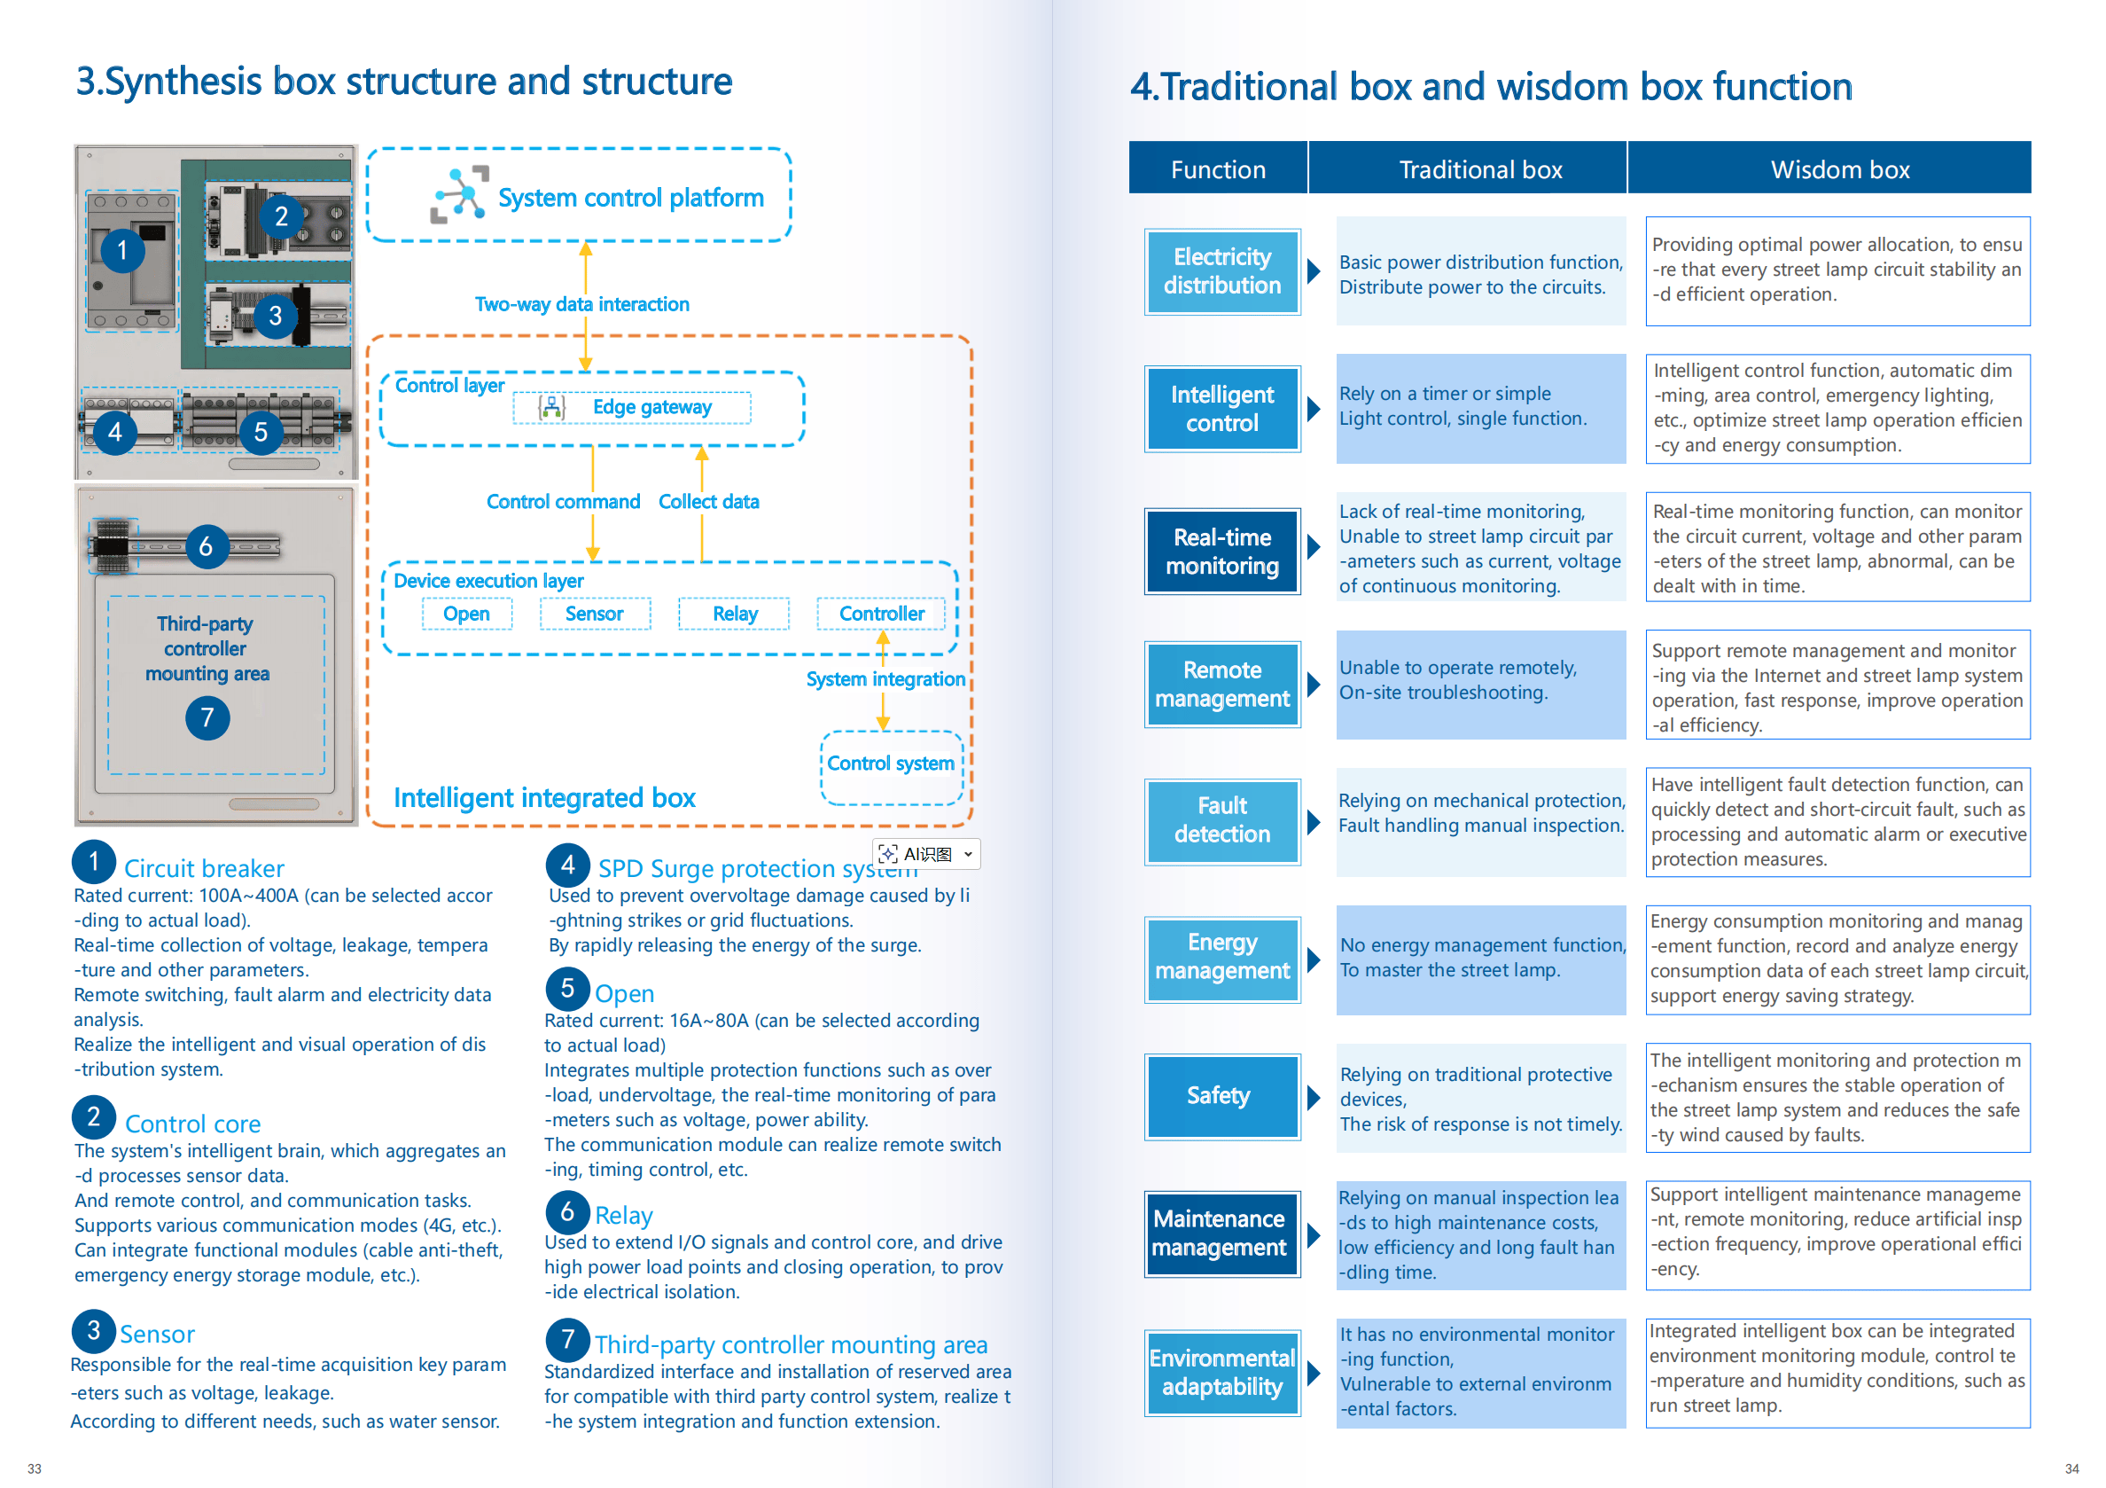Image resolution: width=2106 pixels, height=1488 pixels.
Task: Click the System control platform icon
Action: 459,194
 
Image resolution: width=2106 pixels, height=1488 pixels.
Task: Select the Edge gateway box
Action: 632,407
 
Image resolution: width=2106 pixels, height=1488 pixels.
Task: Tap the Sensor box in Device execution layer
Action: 595,614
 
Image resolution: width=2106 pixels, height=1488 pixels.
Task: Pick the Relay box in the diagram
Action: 734,614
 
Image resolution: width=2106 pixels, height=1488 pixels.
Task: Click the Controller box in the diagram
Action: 880,614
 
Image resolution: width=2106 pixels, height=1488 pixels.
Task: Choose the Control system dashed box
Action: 891,767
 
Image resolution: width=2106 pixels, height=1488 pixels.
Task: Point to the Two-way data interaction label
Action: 581,304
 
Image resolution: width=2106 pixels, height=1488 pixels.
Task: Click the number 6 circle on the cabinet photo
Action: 207,547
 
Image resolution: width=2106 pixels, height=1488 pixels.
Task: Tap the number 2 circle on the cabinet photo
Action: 281,216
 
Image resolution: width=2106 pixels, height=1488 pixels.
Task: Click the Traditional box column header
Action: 1479,169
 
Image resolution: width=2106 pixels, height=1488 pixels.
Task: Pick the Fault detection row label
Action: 1221,820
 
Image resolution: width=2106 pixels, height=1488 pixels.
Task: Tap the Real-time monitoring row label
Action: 1221,552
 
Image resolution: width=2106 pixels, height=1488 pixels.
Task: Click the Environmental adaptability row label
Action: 1221,1372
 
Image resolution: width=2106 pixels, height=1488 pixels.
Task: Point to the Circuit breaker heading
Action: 204,868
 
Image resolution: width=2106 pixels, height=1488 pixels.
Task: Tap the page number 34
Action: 2071,1468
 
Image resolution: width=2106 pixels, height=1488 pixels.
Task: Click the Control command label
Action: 562,502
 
